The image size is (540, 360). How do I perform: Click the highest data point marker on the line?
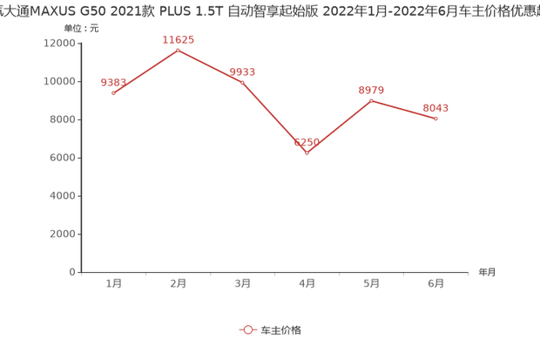[178, 50]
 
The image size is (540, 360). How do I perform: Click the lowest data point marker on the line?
[307, 153]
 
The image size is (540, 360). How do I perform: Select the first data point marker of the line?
[114, 92]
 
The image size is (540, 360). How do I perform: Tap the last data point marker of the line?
[435, 118]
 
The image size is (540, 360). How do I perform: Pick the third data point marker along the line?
[242, 81]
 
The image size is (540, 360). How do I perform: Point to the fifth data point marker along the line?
[371, 100]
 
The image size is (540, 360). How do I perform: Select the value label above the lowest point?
[307, 140]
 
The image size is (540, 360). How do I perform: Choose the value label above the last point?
[435, 106]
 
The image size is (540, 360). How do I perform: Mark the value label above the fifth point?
[371, 89]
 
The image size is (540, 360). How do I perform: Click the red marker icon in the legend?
[247, 330]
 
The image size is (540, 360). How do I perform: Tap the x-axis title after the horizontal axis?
[485, 273]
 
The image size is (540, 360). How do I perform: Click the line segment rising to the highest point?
[145, 71]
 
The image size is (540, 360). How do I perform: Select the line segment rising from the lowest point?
[339, 126]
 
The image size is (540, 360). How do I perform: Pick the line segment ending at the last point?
[403, 109]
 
